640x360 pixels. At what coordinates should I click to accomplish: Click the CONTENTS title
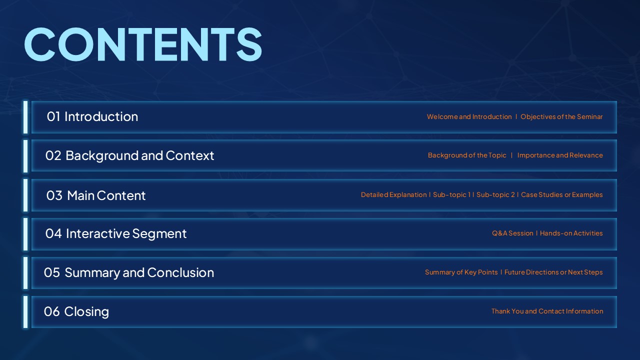(143, 44)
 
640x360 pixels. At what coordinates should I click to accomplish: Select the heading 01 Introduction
(92, 116)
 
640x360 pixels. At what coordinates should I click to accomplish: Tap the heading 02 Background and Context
(129, 156)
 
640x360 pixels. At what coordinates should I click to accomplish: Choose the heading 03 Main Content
(96, 195)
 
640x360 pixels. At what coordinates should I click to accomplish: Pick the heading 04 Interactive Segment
(116, 234)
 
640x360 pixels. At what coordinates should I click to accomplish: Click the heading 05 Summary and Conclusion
(129, 273)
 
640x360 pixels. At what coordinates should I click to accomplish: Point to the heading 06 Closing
(76, 311)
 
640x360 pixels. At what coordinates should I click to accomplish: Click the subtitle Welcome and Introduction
(469, 116)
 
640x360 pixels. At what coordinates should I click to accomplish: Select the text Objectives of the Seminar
(561, 117)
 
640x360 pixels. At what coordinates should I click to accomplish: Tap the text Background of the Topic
(467, 155)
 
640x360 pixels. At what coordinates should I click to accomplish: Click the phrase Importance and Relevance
(560, 155)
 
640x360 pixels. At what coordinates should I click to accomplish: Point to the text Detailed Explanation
(393, 194)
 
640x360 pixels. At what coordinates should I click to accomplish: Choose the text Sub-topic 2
(495, 194)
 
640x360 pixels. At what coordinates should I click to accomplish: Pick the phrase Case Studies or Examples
(561, 194)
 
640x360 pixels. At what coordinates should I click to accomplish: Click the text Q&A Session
(512, 233)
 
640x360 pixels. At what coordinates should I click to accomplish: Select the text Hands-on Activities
(571, 233)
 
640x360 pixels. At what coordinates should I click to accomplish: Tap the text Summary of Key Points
(461, 272)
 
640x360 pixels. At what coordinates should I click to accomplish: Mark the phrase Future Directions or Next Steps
(553, 272)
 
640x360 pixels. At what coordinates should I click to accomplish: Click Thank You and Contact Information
(547, 311)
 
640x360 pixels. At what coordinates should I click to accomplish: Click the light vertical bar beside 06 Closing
(25, 312)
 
